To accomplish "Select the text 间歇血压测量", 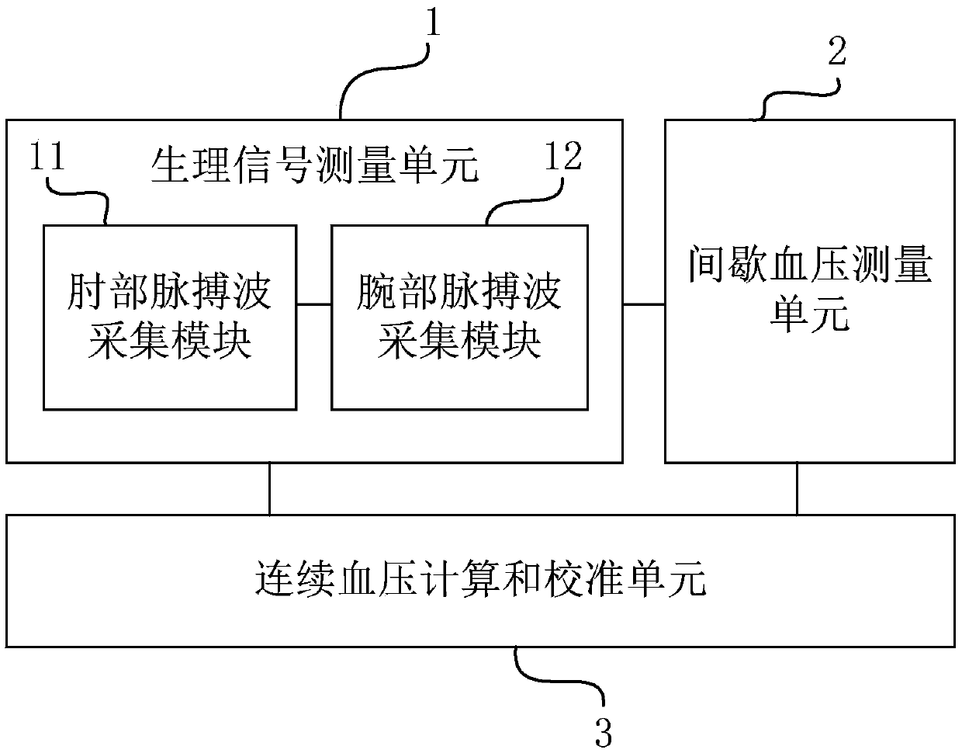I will pyautogui.click(x=810, y=266).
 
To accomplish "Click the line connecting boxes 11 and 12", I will pyautogui.click(x=314, y=304).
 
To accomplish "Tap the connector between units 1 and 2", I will pyautogui.click(x=644, y=304).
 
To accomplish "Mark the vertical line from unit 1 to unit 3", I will pyautogui.click(x=269, y=489).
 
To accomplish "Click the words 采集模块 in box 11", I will pyautogui.click(x=170, y=342).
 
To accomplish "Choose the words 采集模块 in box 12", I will pyautogui.click(x=459, y=342).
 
